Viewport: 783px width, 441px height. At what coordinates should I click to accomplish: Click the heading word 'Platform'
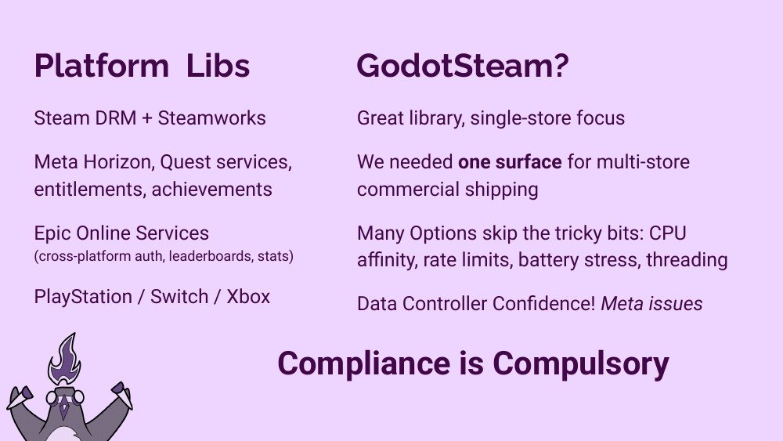101,66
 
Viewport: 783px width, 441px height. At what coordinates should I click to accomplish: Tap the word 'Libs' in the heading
218,66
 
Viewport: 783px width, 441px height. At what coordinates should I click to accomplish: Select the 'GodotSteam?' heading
462,66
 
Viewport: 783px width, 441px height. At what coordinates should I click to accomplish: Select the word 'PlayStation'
82,297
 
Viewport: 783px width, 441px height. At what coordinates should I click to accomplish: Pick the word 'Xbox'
248,297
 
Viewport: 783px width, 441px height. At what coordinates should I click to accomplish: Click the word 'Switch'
180,297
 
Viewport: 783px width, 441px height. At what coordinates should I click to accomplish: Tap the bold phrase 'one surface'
510,163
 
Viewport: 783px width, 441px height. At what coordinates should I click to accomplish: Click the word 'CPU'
667,233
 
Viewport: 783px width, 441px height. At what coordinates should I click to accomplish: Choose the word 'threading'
687,259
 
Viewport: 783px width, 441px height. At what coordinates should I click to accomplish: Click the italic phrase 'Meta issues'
651,303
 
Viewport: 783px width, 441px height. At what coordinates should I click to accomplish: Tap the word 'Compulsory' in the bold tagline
581,363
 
